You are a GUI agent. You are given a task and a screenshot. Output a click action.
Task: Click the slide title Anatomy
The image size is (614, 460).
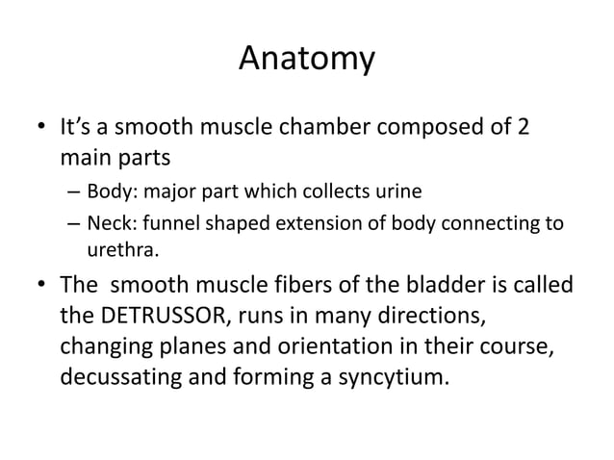tap(306, 60)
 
